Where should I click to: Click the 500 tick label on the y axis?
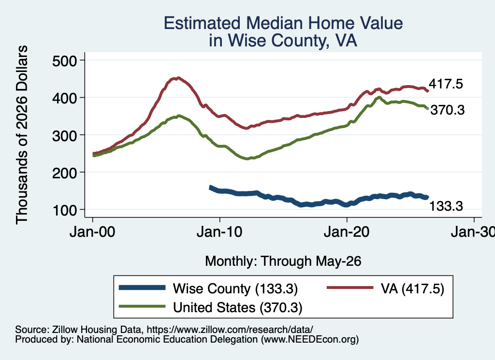(64, 60)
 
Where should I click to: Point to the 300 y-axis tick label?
(64, 135)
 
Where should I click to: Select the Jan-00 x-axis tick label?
(92, 232)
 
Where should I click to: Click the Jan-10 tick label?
(219, 232)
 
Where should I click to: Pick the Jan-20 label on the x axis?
(347, 232)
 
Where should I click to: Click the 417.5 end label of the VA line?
(446, 84)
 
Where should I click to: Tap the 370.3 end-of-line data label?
(447, 110)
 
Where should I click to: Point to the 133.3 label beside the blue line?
(446, 206)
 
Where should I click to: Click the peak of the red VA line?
(178, 78)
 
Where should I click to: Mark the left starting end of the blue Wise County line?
(211, 187)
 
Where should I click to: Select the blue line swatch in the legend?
(142, 288)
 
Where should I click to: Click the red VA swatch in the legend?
(350, 288)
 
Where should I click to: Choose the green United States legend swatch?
(142, 306)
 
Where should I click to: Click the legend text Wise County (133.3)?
(235, 288)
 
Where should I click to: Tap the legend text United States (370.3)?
(238, 307)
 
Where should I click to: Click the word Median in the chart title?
(275, 23)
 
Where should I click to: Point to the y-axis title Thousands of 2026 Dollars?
(22, 135)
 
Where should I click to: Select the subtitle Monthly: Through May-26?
(283, 261)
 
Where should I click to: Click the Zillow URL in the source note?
(230, 330)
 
